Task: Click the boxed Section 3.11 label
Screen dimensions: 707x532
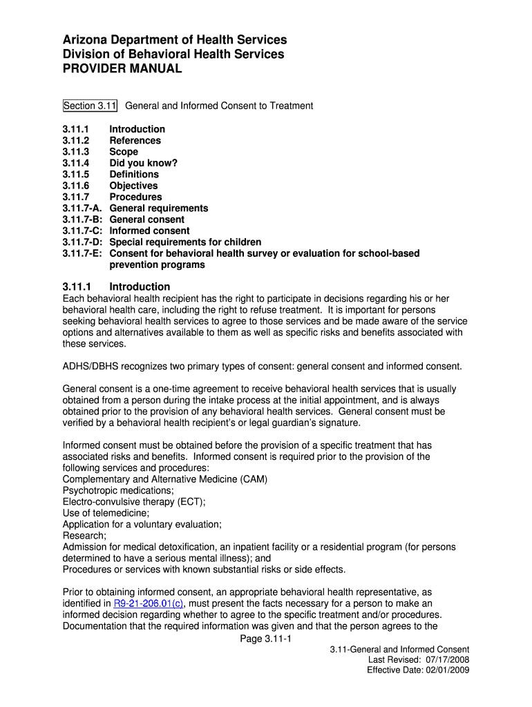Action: coord(90,106)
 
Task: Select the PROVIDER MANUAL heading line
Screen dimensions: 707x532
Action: coord(122,69)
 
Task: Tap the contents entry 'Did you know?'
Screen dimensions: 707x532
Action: coord(143,163)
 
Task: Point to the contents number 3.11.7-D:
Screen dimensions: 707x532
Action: coord(84,242)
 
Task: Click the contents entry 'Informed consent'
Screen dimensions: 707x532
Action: coord(149,231)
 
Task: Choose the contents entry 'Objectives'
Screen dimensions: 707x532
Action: coord(133,186)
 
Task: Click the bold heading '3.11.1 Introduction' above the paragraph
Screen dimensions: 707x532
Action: coord(116,287)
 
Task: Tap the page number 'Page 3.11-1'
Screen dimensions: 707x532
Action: coord(266,639)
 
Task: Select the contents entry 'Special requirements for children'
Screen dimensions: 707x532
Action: coord(185,242)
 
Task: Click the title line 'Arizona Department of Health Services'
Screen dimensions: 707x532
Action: coord(175,40)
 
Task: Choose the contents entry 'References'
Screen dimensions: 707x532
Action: coord(135,140)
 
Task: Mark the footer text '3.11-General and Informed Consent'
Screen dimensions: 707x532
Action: coord(399,650)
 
